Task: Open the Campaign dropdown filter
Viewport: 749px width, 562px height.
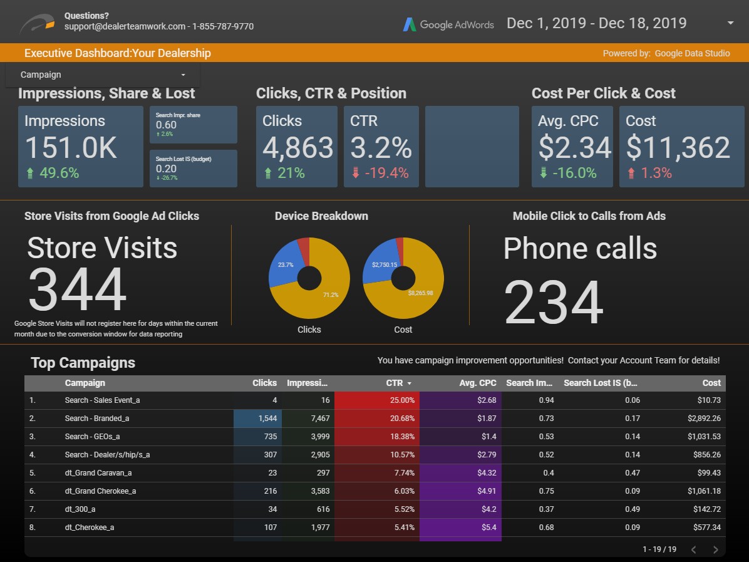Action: [103, 75]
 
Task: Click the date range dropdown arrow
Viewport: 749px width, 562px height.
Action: [730, 23]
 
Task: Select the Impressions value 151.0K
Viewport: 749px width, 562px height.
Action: [71, 148]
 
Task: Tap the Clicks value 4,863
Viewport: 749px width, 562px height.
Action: [297, 148]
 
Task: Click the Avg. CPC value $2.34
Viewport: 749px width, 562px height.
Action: [574, 148]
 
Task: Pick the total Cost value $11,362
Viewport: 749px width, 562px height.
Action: [678, 148]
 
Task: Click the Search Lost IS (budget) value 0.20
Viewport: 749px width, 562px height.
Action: [166, 169]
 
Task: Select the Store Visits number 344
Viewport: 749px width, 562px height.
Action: [78, 289]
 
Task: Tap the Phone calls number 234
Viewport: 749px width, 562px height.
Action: [554, 303]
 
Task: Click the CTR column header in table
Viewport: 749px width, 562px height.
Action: [395, 383]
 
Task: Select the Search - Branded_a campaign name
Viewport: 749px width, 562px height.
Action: [96, 419]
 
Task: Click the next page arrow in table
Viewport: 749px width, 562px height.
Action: [715, 549]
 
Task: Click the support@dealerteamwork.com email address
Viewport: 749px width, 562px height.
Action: [125, 26]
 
